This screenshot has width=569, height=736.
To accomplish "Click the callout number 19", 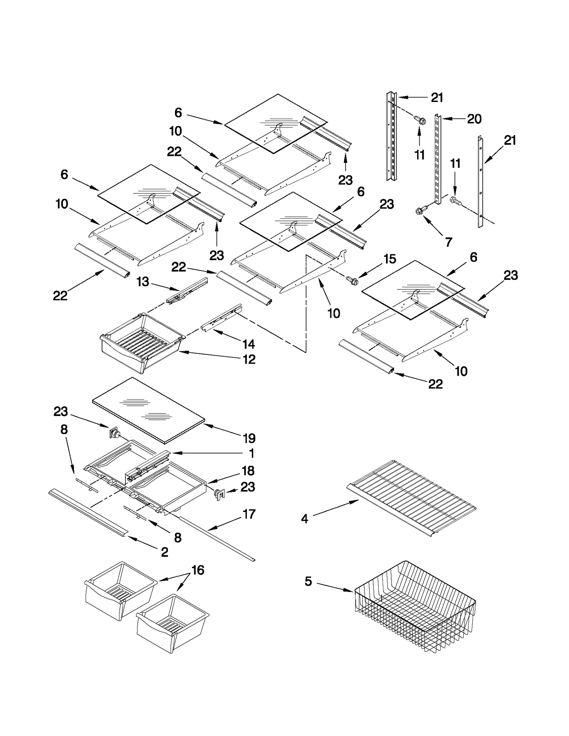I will point(249,438).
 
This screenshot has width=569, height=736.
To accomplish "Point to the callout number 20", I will point(474,119).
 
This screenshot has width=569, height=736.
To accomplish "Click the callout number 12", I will point(249,359).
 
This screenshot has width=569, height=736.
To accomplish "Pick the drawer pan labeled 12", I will point(142,341).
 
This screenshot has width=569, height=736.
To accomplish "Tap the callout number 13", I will point(143,282).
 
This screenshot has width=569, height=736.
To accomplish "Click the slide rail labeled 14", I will point(221,318).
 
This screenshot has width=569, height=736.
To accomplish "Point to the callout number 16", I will point(198,570).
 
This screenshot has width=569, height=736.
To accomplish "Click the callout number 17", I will point(249,514).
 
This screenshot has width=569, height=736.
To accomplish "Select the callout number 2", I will point(164,552).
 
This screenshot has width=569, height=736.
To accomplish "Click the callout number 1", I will point(252,453).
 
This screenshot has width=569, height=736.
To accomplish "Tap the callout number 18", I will point(248,471).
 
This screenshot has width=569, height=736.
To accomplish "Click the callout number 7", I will point(449,242).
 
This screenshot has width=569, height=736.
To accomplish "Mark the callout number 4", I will point(305,519).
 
